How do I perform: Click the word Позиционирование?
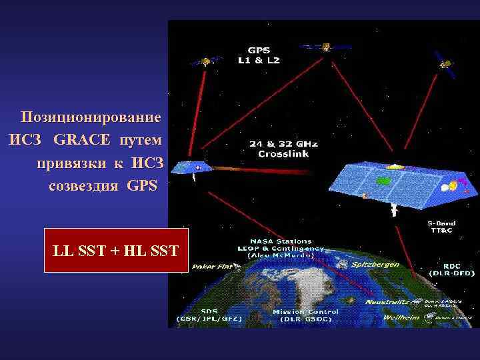(91, 118)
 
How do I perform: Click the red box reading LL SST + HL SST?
(116, 251)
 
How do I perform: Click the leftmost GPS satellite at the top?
(207, 61)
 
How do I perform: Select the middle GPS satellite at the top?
(325, 47)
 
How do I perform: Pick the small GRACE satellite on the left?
(199, 168)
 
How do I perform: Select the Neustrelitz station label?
(387, 302)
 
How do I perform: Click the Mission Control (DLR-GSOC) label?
(306, 315)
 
